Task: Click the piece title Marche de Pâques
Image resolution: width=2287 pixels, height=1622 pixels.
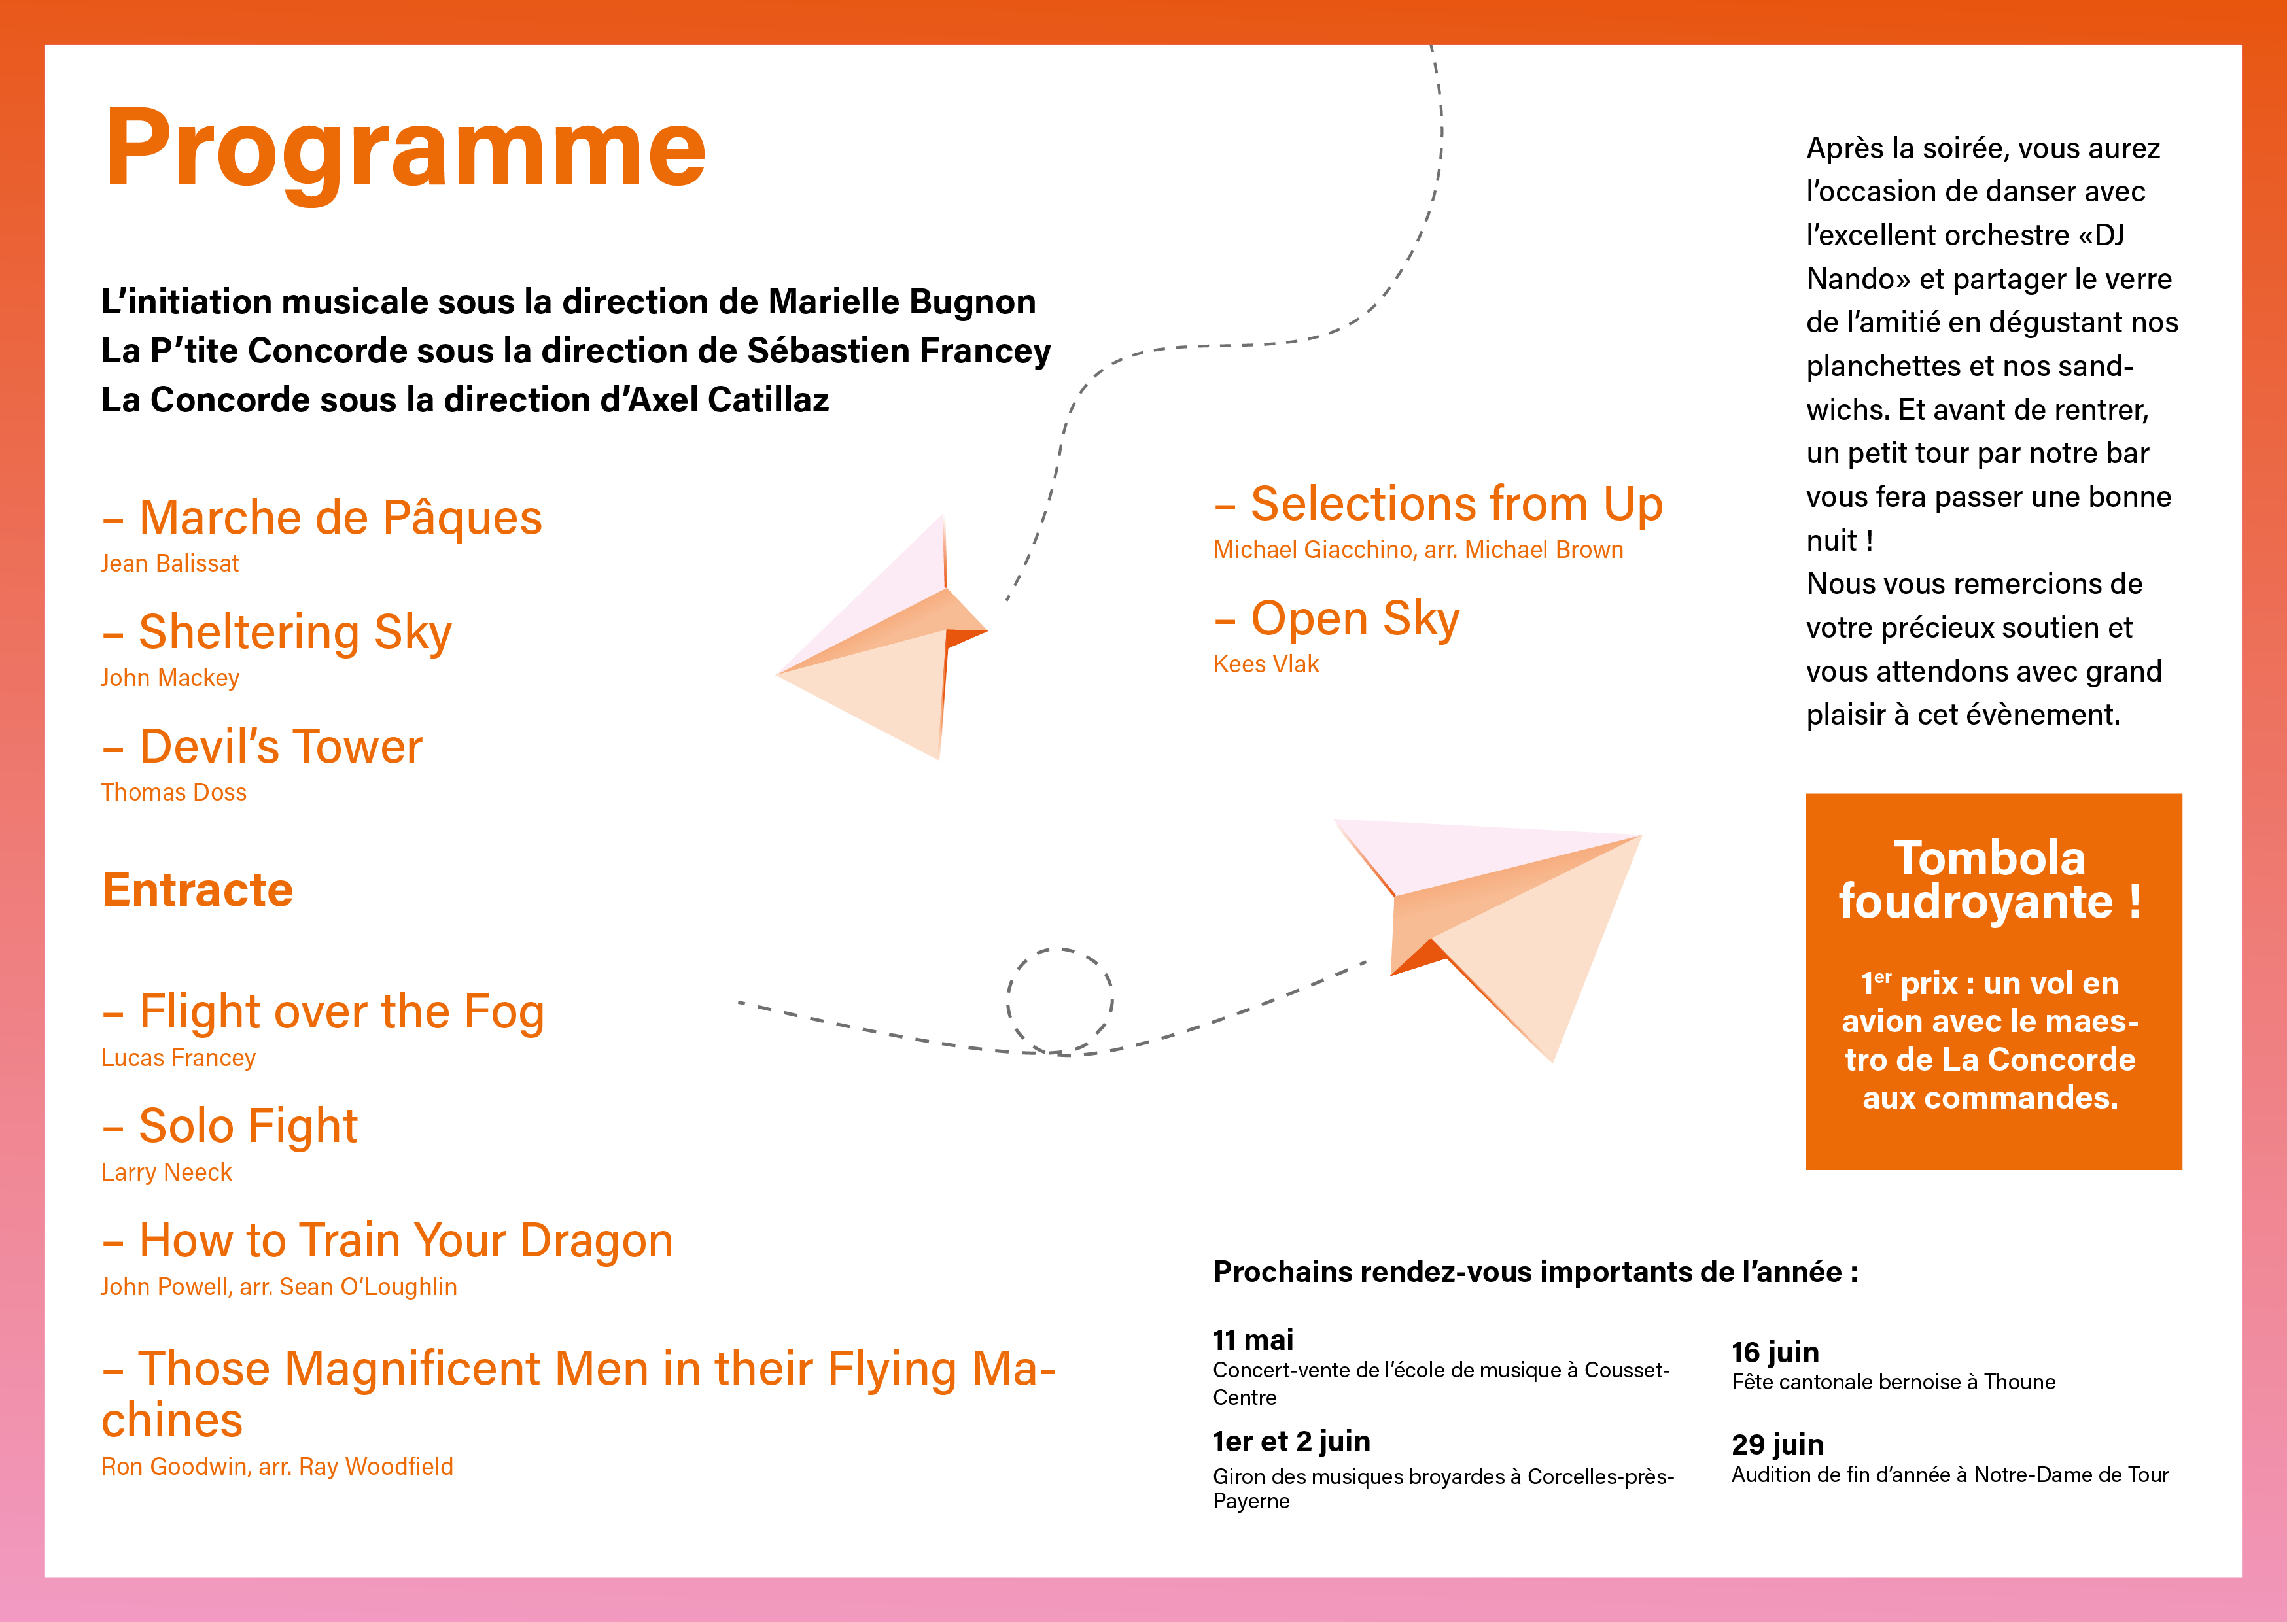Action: [x=341, y=517]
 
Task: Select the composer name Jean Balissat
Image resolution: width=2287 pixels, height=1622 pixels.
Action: [x=170, y=563]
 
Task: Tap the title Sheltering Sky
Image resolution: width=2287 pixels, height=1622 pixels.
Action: [x=296, y=632]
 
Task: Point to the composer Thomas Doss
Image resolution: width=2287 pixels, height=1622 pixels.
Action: [x=174, y=792]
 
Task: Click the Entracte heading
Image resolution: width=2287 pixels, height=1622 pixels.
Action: [x=198, y=890]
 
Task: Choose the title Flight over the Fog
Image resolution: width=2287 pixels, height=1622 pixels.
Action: [x=341, y=1012]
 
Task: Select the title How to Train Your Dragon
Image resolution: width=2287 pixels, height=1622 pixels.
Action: [x=406, y=1241]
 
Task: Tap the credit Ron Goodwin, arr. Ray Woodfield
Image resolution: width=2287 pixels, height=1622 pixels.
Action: [x=277, y=1466]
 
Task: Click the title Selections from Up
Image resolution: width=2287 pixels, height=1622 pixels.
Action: [x=1457, y=504]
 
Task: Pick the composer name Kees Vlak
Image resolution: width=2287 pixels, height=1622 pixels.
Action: [x=1266, y=664]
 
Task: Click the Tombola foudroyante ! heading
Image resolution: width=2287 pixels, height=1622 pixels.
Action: [x=1991, y=880]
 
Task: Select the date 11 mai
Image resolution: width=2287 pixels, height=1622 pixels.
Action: [x=1253, y=1339]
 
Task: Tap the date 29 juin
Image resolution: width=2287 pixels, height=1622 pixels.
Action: [x=1777, y=1444]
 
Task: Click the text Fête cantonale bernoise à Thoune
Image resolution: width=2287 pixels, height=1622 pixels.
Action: [x=1894, y=1382]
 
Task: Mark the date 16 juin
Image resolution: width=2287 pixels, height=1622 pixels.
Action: [x=1775, y=1353]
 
